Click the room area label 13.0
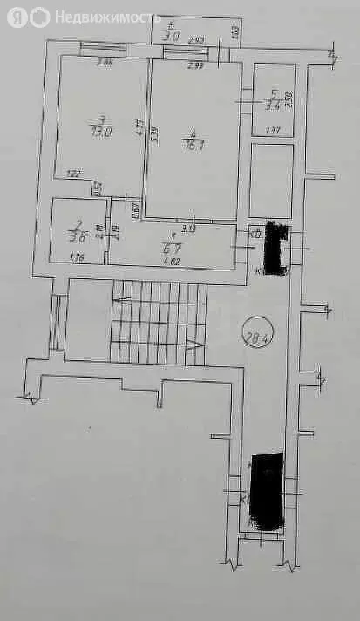[x=102, y=131]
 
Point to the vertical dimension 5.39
[x=155, y=136]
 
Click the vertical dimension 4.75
[x=139, y=125]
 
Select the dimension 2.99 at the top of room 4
[x=195, y=66]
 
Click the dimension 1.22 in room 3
[x=75, y=174]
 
